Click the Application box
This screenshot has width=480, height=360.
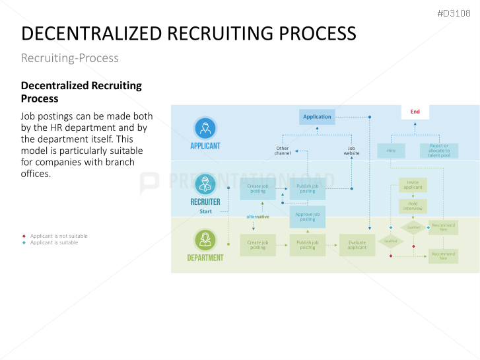click(x=317, y=117)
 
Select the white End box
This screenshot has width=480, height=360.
click(x=415, y=112)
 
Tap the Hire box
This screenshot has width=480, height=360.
click(x=391, y=151)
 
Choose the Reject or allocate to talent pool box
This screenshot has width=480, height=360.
click(x=439, y=151)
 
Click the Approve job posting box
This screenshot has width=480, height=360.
click(x=307, y=217)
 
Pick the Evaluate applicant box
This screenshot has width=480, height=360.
click(x=357, y=245)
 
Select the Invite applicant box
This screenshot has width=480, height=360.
click(x=413, y=185)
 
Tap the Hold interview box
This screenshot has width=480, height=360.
click(x=413, y=205)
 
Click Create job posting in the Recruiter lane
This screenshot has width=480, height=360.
click(x=257, y=189)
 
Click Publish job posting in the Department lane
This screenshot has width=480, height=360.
click(x=307, y=245)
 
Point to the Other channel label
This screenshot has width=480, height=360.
click(x=283, y=151)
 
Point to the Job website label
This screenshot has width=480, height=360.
click(x=351, y=151)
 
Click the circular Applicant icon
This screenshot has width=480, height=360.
click(x=205, y=128)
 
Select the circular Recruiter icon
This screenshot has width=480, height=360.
click(x=205, y=184)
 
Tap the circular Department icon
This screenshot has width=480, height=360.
click(x=205, y=240)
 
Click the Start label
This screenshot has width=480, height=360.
click(x=206, y=211)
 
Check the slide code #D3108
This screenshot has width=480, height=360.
click(x=454, y=13)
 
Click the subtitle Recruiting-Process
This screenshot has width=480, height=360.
click(x=70, y=58)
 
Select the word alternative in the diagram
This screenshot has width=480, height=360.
click(x=257, y=217)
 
